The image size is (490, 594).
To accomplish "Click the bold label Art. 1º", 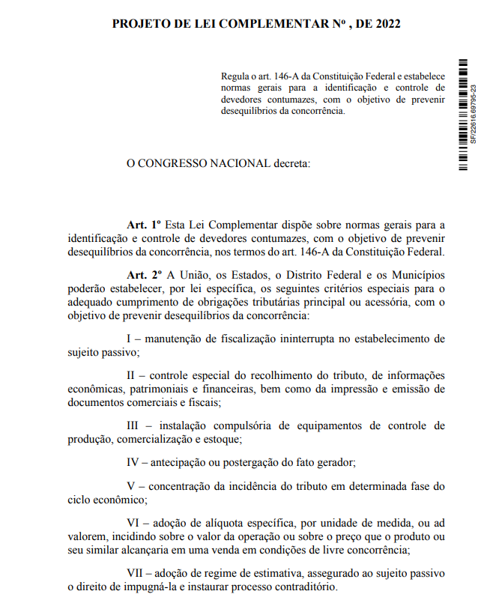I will (145, 224).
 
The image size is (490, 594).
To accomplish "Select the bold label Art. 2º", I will (145, 275).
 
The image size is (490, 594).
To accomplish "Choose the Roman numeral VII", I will (138, 573).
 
